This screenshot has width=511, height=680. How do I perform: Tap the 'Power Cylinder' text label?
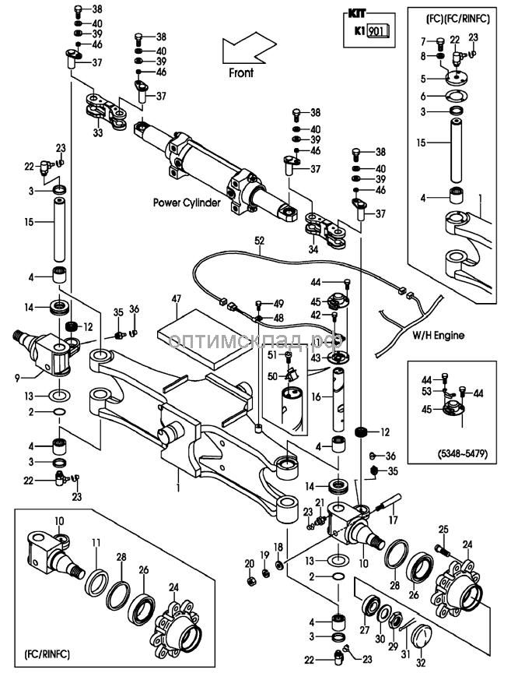tap(187, 202)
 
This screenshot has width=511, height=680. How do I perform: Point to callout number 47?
tap(177, 298)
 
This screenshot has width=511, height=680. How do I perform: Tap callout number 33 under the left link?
tap(99, 133)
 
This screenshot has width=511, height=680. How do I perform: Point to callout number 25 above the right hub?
tap(444, 530)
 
